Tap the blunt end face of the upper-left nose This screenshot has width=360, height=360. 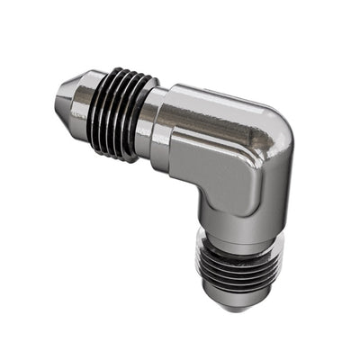click(x=58, y=88)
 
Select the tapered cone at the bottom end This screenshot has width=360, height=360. click(x=232, y=297)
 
